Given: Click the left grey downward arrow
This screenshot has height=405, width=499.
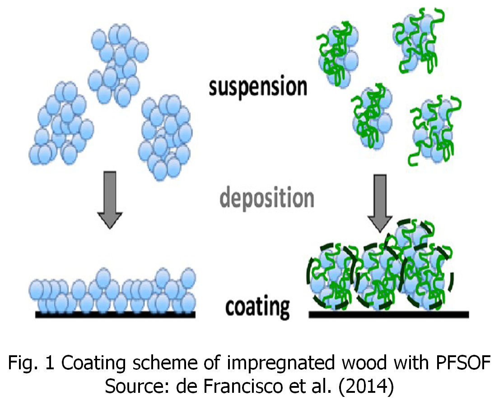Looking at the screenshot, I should [110, 199].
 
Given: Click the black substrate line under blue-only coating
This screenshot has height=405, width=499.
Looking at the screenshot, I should [115, 314].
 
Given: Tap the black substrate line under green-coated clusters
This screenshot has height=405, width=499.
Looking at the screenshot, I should [389, 314].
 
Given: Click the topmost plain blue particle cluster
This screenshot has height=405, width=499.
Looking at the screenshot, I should [118, 63].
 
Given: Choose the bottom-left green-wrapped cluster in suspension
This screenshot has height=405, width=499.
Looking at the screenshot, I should [372, 115].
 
